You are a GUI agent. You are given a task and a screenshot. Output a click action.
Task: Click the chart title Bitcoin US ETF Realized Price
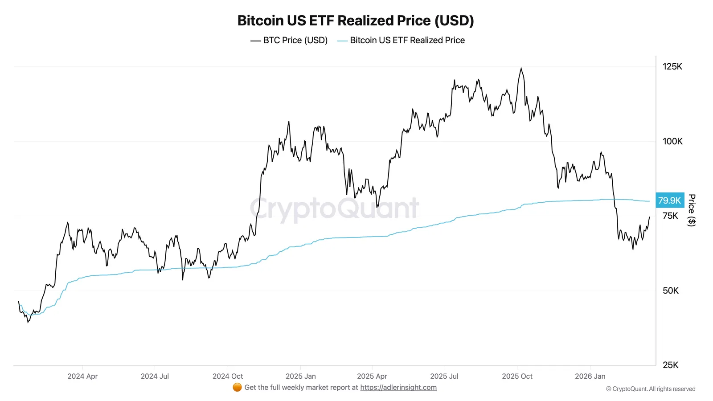[356, 20]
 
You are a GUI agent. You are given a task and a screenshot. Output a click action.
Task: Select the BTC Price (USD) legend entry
[289, 40]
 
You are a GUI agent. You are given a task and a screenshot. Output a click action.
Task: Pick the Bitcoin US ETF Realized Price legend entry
[401, 40]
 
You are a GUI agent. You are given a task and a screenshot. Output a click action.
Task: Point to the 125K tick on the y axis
[672, 66]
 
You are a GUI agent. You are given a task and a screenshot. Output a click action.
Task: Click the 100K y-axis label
[672, 141]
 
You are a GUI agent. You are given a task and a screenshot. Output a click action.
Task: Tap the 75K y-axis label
[670, 216]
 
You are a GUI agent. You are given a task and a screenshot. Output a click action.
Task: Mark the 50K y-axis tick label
[670, 291]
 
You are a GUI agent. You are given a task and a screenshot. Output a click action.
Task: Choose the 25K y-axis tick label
[670, 365]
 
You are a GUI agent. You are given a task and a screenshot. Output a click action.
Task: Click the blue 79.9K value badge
[669, 200]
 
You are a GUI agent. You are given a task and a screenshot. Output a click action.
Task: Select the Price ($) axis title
[692, 210]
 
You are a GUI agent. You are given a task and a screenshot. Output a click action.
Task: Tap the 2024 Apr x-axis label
[82, 376]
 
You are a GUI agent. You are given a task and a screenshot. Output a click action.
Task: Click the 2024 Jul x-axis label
[155, 376]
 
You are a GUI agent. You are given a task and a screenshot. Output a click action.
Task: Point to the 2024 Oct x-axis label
[227, 376]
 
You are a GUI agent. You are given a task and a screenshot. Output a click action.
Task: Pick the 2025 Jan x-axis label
[300, 376]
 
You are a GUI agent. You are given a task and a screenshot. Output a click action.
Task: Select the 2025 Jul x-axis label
[444, 376]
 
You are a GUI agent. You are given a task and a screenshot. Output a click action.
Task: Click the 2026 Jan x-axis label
[590, 376]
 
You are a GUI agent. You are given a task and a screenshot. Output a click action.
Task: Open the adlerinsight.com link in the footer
[398, 387]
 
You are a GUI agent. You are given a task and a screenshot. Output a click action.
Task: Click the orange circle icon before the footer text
[237, 387]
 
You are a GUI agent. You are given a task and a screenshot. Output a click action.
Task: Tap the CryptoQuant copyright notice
[650, 389]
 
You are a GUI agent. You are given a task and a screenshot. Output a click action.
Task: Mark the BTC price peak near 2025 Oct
[521, 69]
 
